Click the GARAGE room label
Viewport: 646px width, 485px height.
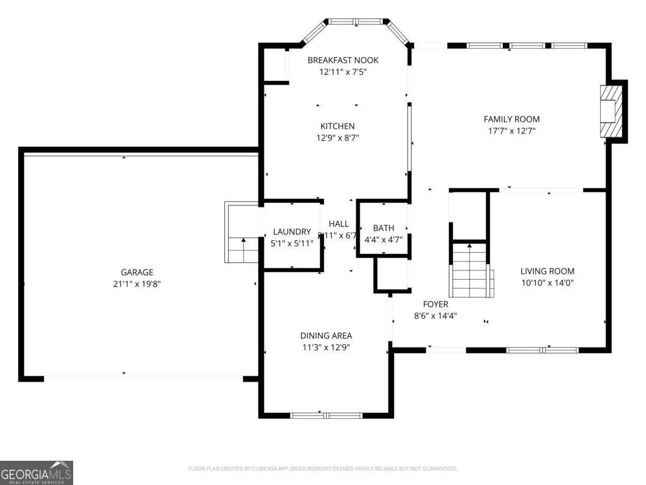click(137, 273)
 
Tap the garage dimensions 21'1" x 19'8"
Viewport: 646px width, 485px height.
click(137, 284)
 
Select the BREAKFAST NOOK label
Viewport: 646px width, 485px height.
click(343, 60)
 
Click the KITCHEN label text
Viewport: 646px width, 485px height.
click(338, 126)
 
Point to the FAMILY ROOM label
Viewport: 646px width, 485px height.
click(511, 119)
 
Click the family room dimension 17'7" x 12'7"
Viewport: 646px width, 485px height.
click(511, 130)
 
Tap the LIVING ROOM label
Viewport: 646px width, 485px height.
click(547, 271)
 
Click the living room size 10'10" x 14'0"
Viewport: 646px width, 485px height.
click(547, 282)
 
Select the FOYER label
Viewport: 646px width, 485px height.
click(435, 304)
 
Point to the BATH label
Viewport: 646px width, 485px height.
click(383, 228)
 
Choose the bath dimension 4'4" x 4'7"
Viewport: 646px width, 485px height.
click(383, 239)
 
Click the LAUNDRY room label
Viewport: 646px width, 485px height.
click(292, 232)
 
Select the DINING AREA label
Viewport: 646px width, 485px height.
click(326, 336)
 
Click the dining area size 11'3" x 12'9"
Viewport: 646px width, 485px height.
click(326, 348)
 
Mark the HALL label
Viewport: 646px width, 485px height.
click(339, 224)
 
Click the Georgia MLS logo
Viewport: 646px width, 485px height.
click(37, 473)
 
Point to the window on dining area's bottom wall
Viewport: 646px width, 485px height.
click(326, 415)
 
